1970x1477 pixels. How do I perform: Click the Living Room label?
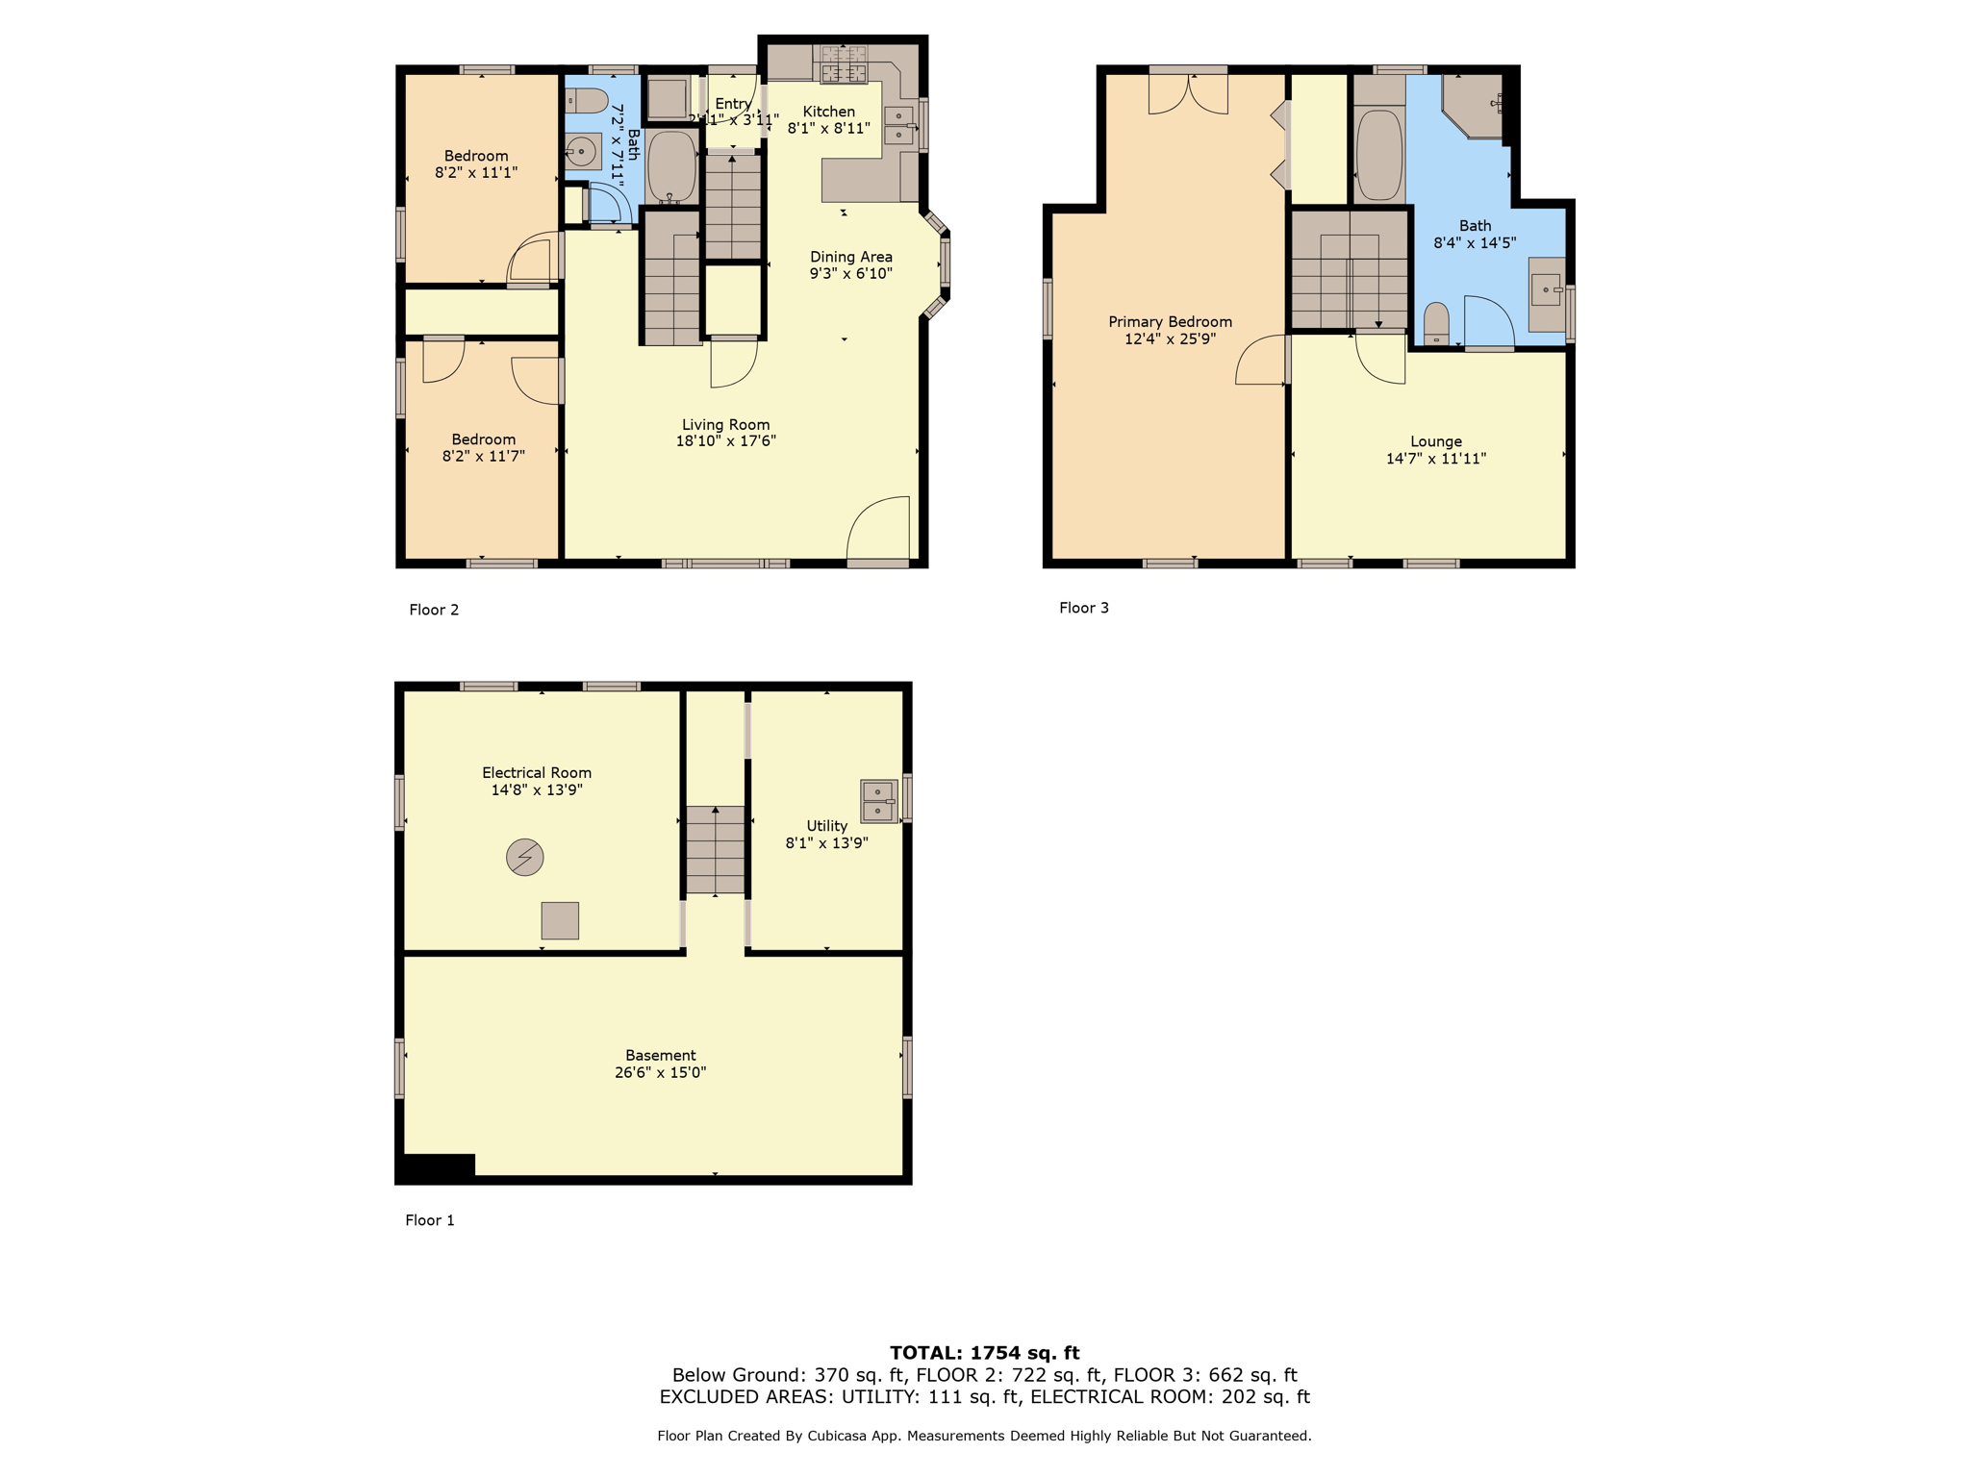coord(725,424)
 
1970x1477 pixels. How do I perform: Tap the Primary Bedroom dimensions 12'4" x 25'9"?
coord(1170,338)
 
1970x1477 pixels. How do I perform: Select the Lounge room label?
coord(1436,441)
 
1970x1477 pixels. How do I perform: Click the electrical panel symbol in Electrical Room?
coord(525,857)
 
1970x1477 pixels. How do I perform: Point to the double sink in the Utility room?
coord(878,801)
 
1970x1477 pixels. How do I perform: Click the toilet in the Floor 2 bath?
coord(586,100)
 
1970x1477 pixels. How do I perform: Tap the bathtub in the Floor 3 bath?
coord(1379,156)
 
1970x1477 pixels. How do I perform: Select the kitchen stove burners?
coord(844,64)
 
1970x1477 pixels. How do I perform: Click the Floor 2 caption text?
coord(434,610)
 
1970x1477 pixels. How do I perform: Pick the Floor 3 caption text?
coord(1084,608)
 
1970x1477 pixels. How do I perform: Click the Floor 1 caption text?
coord(430,1220)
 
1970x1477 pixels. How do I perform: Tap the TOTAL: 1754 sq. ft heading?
coord(985,1353)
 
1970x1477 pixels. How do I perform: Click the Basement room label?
coord(661,1055)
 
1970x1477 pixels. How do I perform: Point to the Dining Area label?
coord(851,257)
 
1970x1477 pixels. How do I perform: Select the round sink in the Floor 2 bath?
coord(581,152)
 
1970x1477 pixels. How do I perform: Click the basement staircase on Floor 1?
coord(716,850)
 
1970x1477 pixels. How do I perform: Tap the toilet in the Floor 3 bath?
coord(1436,324)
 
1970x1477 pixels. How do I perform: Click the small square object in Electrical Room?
coord(560,920)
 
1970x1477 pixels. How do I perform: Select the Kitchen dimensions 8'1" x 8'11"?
coord(829,128)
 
